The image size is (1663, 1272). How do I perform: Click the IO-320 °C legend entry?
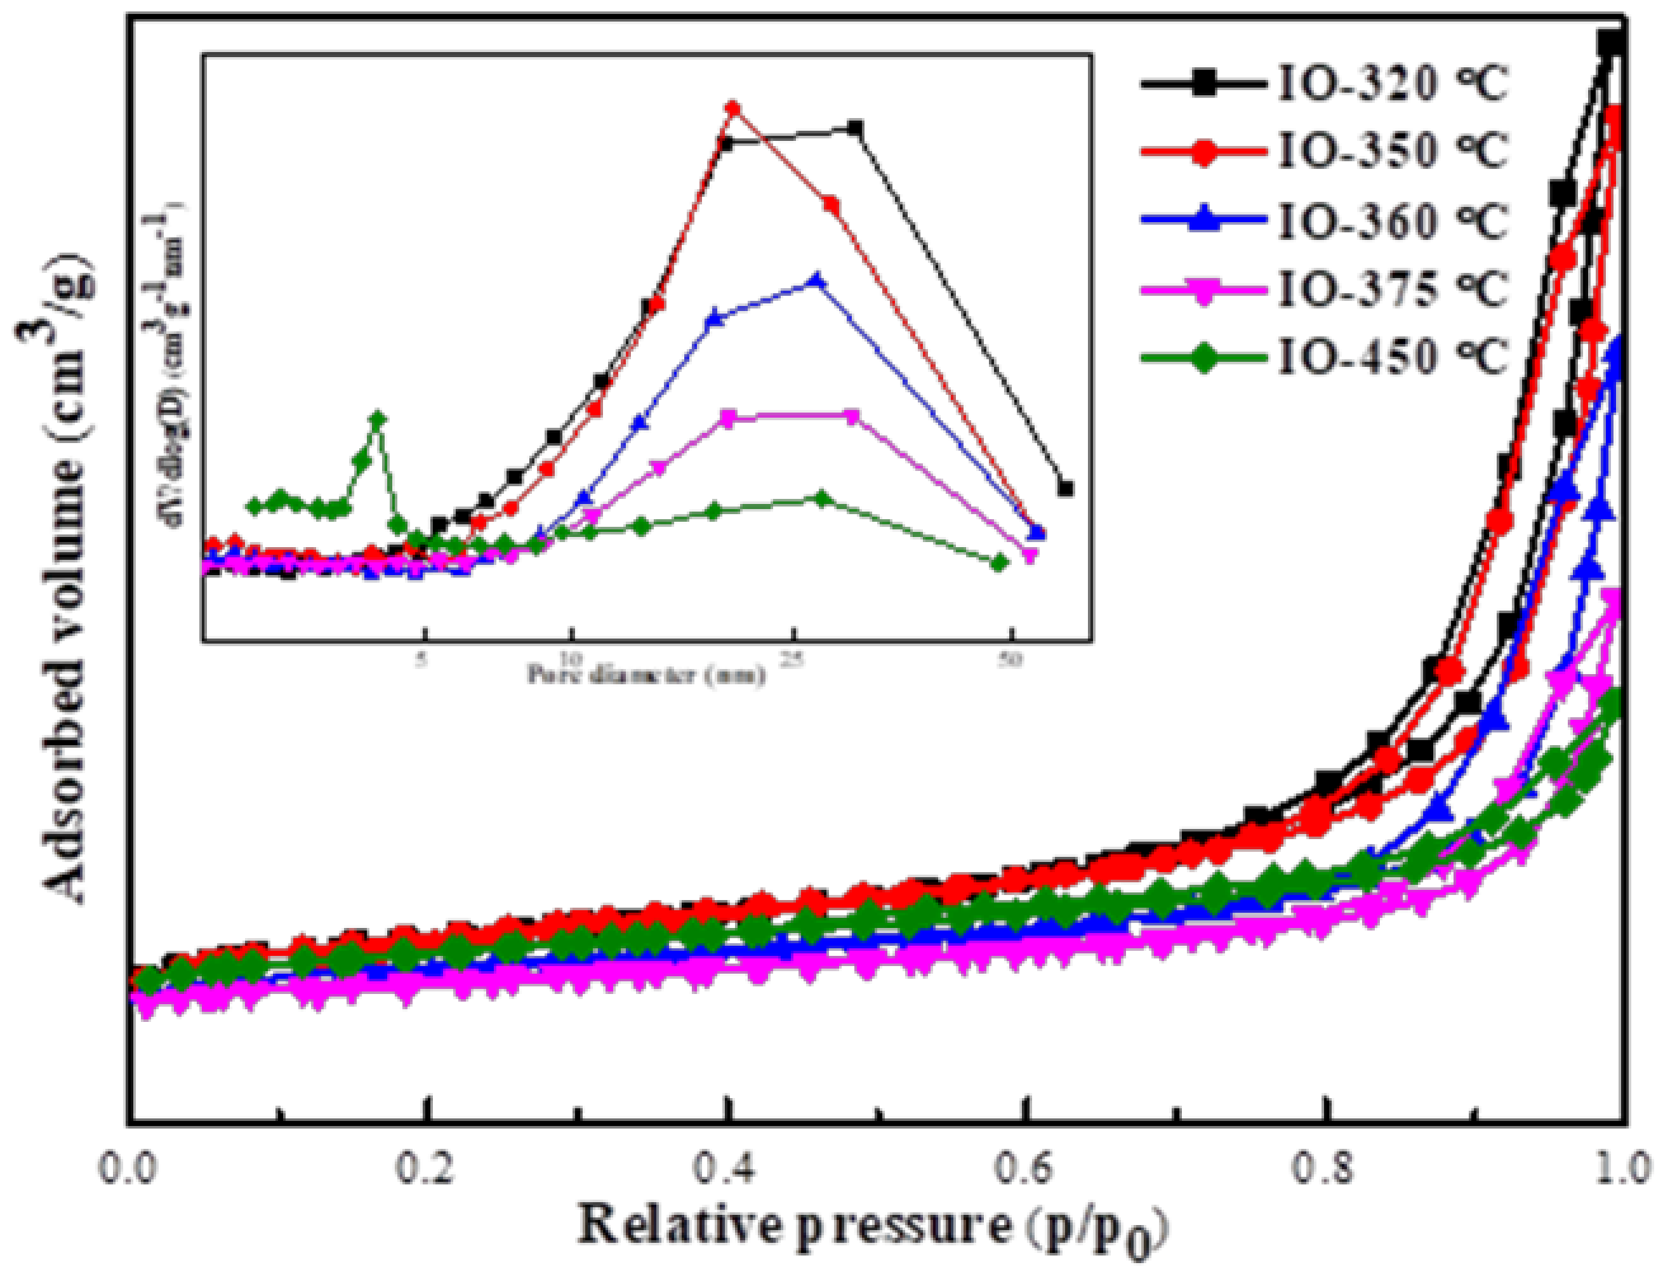(1325, 85)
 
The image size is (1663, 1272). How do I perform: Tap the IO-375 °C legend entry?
(1325, 289)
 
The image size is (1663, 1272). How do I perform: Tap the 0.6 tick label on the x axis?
(1026, 1169)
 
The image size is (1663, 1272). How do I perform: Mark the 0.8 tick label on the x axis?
(1325, 1169)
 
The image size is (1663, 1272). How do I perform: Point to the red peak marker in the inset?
(732, 109)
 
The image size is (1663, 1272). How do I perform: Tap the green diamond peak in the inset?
(378, 419)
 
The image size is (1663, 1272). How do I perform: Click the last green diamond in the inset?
(999, 562)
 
